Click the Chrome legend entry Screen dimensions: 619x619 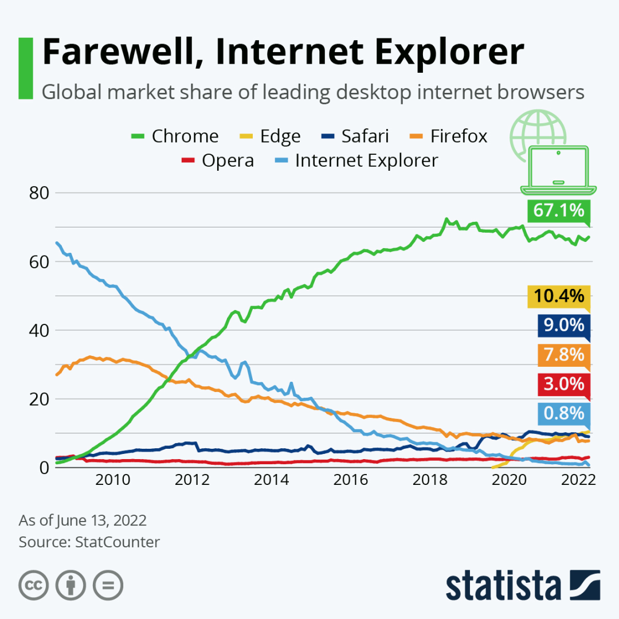(175, 136)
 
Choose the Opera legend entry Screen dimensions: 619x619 (218, 160)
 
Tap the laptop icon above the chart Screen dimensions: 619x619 (558, 169)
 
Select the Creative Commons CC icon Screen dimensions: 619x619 (34, 585)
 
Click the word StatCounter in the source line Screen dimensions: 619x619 (117, 542)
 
